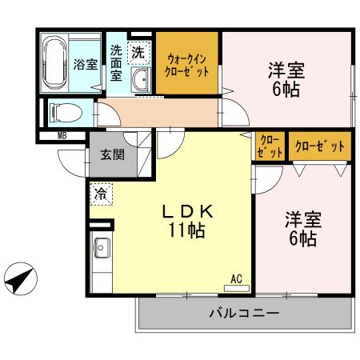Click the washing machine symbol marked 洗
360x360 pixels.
pos(138,53)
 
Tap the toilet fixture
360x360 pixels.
pos(61,111)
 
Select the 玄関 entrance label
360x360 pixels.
pos(112,155)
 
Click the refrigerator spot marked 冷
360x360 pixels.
pos(101,193)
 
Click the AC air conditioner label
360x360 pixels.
pos(236,278)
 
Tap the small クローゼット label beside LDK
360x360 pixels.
pos(270,146)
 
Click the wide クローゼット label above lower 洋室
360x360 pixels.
pos(320,146)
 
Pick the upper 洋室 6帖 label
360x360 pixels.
pos(286,79)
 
